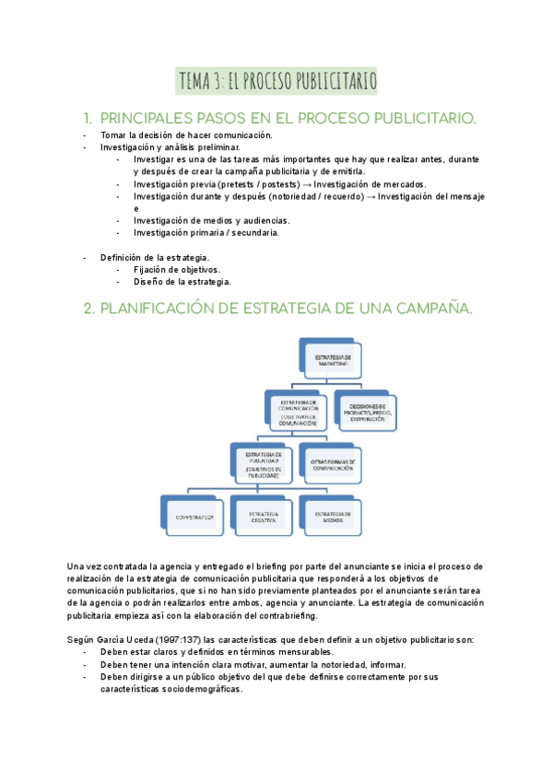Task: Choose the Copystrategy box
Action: click(193, 517)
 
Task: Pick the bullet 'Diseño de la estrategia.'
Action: click(182, 282)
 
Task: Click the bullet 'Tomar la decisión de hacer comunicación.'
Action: click(187, 134)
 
